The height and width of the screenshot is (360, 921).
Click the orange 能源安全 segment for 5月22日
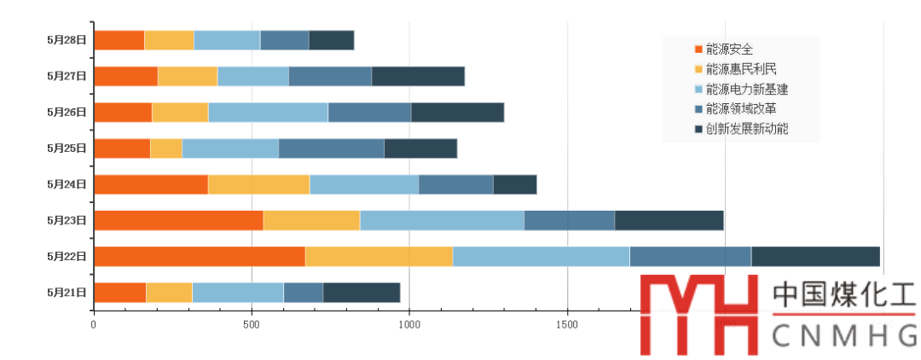click(x=200, y=256)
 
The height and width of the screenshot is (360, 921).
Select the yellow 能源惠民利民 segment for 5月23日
click(x=311, y=220)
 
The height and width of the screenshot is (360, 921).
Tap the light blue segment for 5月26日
click(x=268, y=112)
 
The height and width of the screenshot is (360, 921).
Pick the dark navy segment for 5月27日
click(x=418, y=76)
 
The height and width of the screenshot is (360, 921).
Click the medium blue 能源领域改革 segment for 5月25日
click(x=331, y=148)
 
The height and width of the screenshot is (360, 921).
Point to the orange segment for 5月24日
click(x=151, y=184)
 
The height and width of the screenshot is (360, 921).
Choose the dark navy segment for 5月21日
click(x=362, y=292)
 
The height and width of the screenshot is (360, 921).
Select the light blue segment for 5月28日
click(x=227, y=40)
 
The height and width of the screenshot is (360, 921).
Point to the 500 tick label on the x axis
click(x=251, y=325)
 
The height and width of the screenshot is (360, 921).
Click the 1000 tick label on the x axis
click(x=409, y=325)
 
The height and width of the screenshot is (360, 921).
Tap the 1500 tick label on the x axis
click(x=567, y=325)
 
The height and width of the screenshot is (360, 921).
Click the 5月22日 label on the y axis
click(x=67, y=256)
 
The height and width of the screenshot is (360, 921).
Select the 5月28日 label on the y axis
click(x=67, y=40)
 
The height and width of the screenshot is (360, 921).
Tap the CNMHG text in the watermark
click(x=843, y=337)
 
